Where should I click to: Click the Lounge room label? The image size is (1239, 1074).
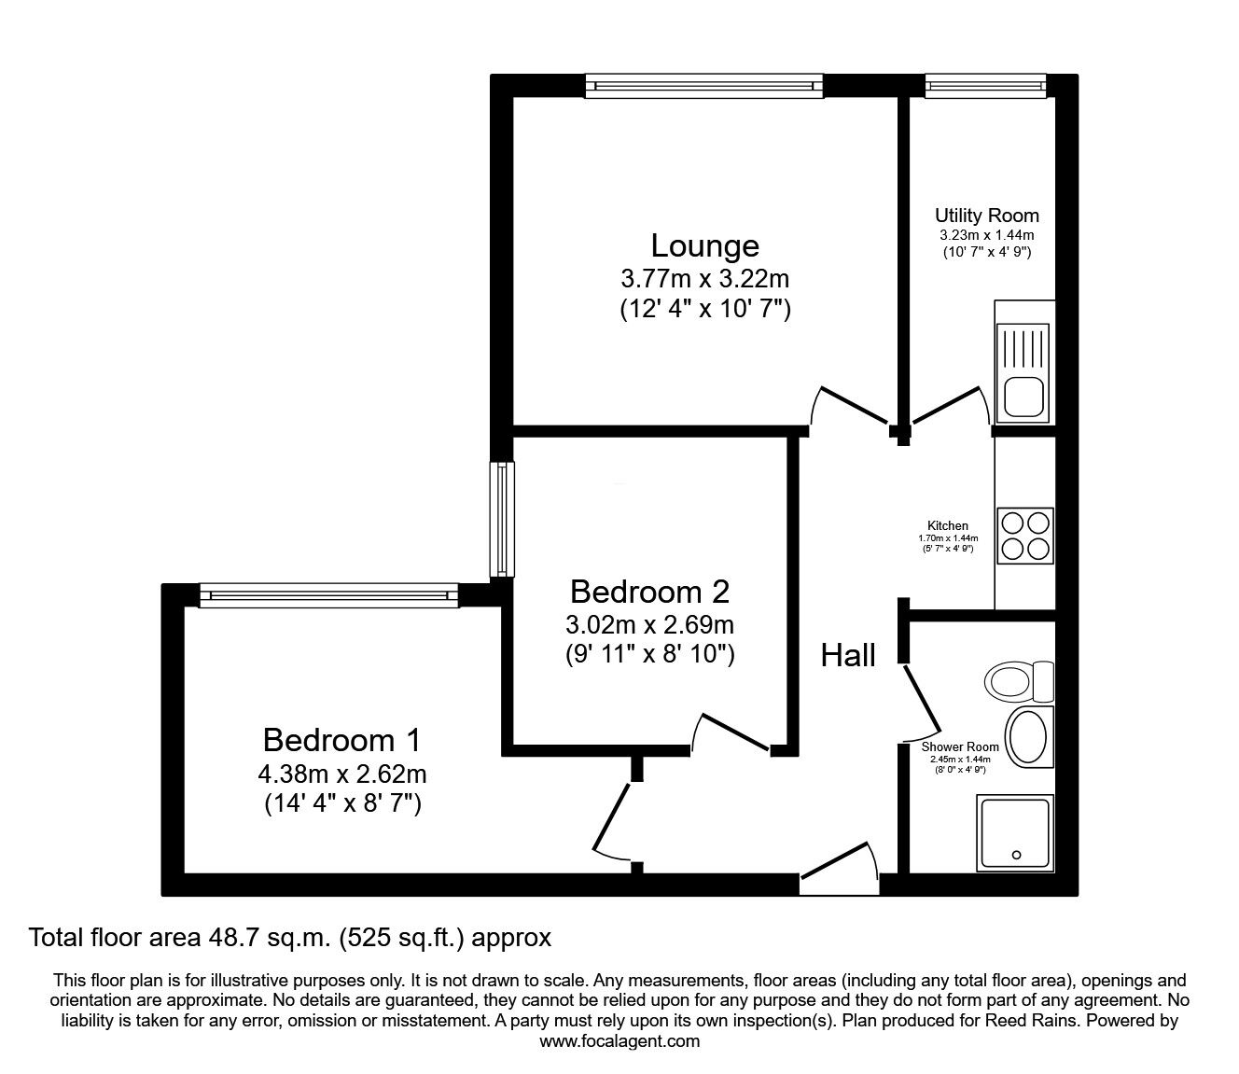point(704,246)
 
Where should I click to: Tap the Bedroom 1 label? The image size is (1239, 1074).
point(341,740)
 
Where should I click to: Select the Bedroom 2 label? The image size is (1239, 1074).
point(649,592)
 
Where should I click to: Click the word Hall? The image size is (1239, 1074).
point(848,656)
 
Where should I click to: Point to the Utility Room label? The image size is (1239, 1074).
point(986,216)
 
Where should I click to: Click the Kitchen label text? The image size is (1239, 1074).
point(947,526)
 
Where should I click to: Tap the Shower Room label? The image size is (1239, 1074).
point(960,747)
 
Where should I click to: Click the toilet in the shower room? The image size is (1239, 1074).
point(1020,681)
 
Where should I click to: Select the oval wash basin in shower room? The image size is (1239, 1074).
point(1029,737)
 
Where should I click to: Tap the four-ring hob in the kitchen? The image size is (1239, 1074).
point(1025,536)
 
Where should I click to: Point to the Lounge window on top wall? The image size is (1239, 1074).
point(704,87)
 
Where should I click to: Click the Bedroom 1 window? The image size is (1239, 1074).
point(328,595)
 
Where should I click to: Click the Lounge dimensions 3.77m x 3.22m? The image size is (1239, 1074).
point(704,278)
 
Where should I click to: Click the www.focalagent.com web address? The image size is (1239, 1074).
point(619,1041)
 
